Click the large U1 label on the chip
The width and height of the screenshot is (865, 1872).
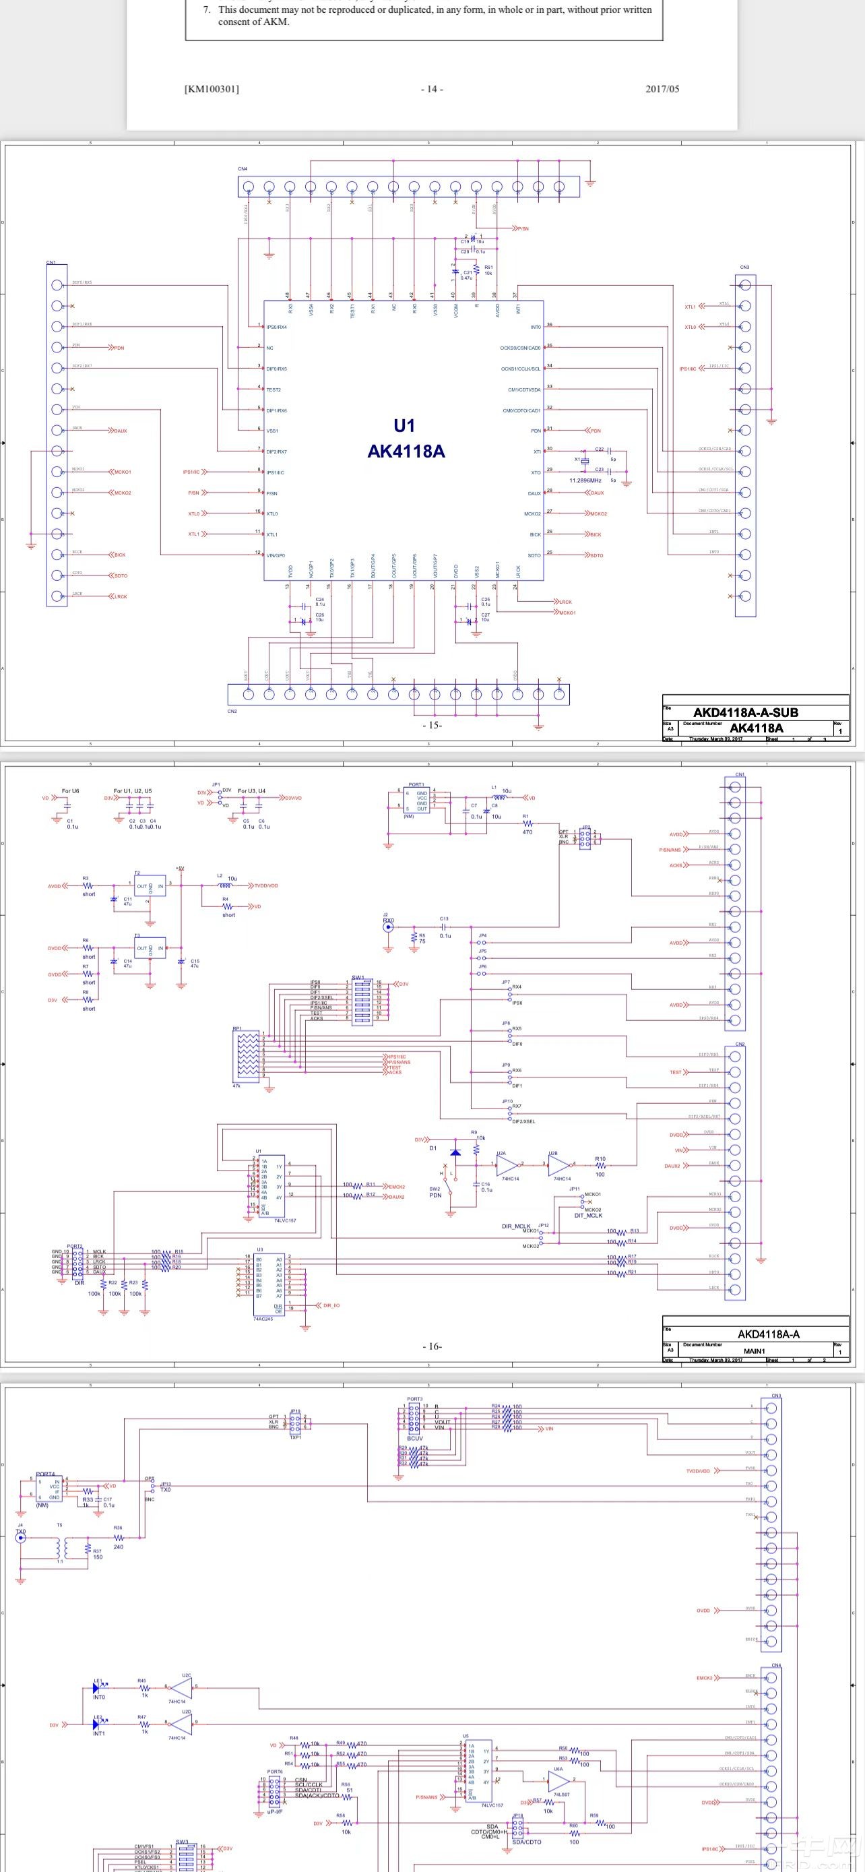[404, 426]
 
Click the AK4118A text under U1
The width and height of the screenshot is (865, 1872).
[406, 451]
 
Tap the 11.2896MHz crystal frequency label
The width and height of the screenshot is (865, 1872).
[585, 480]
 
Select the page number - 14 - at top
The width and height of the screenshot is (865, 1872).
[431, 90]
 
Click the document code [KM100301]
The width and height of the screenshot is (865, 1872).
[212, 90]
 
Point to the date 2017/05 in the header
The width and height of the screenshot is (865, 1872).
[662, 90]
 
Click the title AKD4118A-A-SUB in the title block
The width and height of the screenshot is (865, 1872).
[745, 713]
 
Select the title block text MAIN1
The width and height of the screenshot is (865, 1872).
[754, 1351]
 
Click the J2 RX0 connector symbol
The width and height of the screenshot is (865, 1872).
[389, 921]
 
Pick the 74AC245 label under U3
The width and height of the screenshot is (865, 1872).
[263, 1319]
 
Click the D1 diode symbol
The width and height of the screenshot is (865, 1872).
[455, 1152]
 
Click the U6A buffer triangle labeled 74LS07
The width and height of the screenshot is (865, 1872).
[558, 1781]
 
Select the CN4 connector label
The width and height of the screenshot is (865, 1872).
[243, 168]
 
